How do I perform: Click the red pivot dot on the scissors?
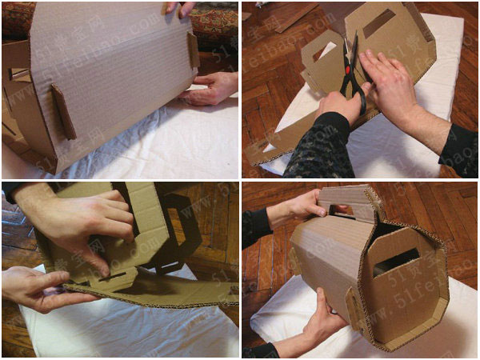tap(350, 71)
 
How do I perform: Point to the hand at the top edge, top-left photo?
tap(179, 8)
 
